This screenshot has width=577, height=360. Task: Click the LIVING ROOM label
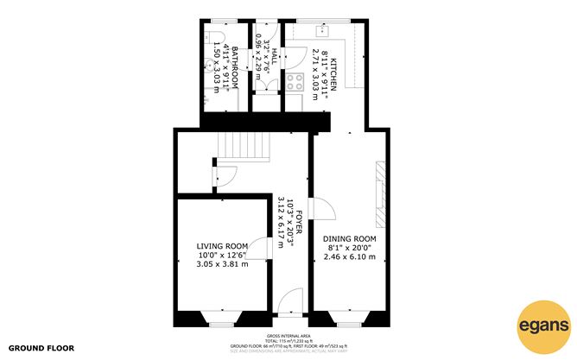222,246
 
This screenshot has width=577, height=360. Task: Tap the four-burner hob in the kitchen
295,85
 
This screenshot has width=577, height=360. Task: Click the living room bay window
221,318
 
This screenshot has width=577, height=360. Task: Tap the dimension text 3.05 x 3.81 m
222,263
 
